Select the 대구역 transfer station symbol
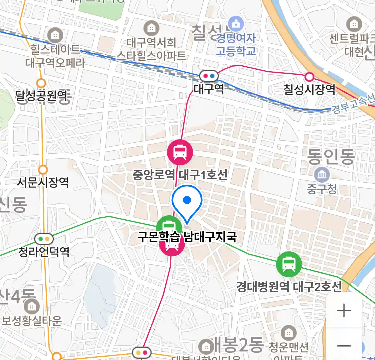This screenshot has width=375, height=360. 209,76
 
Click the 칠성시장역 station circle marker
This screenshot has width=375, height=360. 309,77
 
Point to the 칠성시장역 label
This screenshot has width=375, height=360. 309,89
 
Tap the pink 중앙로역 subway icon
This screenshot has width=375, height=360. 180,152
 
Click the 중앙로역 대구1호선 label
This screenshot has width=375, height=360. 180,175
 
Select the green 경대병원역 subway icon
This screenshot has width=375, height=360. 289,264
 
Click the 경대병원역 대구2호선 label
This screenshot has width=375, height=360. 289,286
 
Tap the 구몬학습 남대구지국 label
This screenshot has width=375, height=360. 187,237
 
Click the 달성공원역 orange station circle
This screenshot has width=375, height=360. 41,83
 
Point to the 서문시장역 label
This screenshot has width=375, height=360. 43,182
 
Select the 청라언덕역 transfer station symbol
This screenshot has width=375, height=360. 44,239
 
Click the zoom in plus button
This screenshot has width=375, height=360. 344,311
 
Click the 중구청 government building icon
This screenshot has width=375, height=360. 322,175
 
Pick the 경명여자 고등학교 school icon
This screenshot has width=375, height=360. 236,24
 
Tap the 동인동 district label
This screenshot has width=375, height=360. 331,157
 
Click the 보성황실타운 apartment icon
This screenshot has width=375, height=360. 32,306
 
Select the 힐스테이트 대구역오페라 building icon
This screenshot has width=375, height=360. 55,35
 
